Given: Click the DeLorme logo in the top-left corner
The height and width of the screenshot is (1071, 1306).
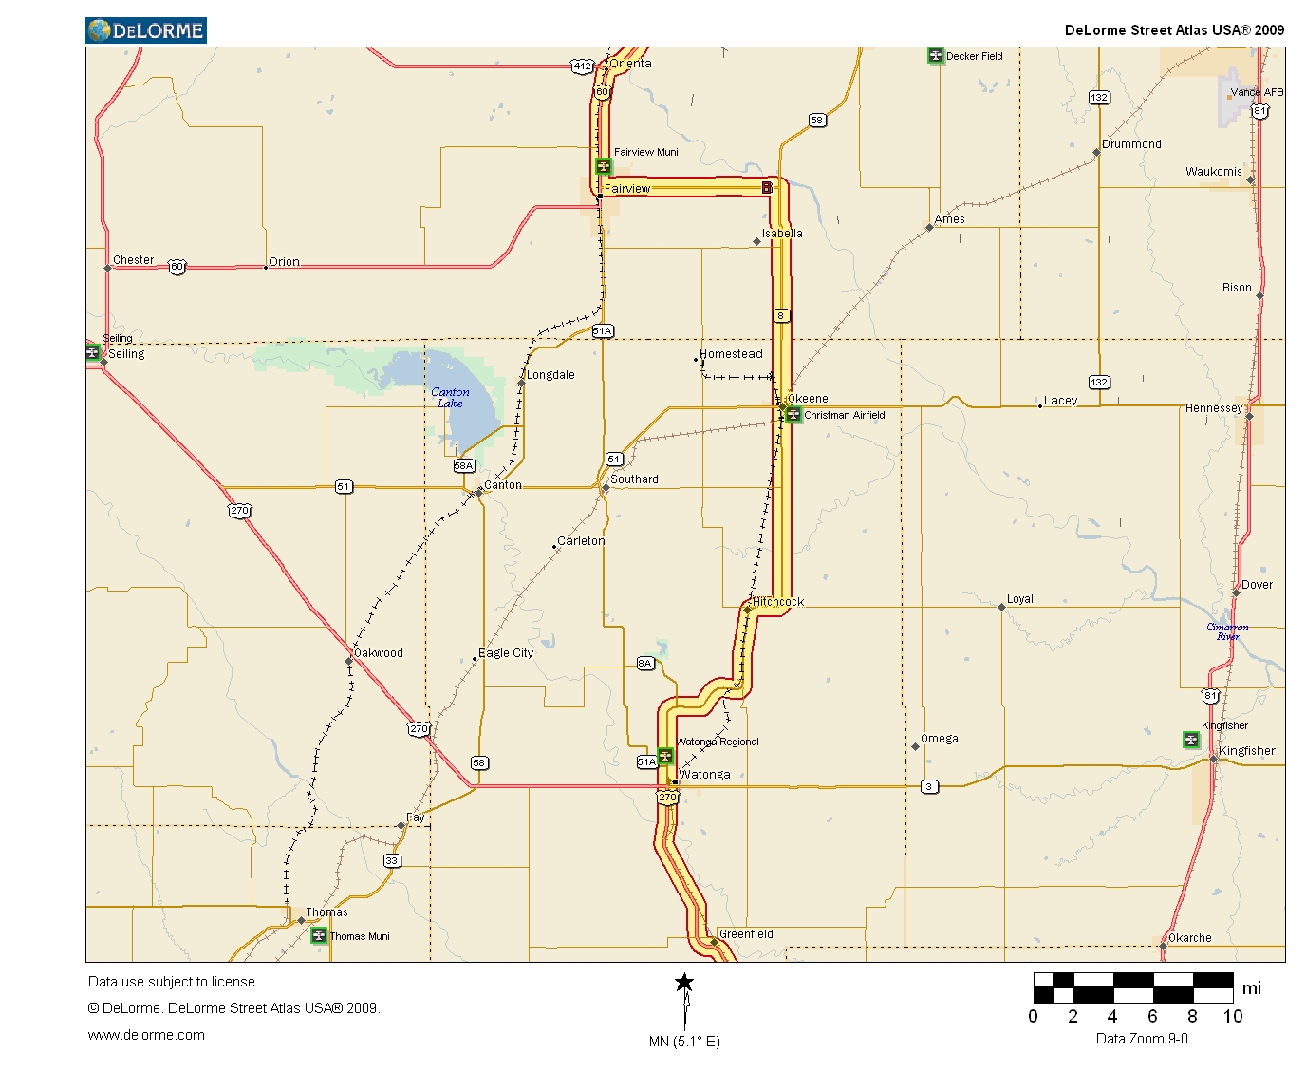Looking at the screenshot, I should [x=146, y=30].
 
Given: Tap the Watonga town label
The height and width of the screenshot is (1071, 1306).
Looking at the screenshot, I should [x=704, y=775].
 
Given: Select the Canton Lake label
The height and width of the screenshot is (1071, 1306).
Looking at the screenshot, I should [x=450, y=398].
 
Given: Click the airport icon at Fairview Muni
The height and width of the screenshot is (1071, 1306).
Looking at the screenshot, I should [x=603, y=167].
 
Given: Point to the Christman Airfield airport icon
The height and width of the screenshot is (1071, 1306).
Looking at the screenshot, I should [x=793, y=415].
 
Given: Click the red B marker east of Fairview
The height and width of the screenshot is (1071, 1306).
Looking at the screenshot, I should [x=767, y=188].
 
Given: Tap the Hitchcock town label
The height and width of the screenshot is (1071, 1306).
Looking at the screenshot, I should [x=778, y=602].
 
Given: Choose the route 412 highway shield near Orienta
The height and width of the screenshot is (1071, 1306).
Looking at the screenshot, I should [x=582, y=66].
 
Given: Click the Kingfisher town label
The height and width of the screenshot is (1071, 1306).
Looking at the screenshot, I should [x=1246, y=751].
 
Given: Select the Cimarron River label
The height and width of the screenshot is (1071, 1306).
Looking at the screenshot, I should [x=1227, y=631].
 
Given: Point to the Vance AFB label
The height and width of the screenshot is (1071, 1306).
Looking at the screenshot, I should [x=1257, y=92].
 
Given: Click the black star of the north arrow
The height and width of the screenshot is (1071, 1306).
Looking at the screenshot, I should [x=684, y=983].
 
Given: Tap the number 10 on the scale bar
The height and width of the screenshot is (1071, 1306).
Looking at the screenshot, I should [x=1232, y=1017].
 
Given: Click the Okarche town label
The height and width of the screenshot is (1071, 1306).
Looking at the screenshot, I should [x=1189, y=938].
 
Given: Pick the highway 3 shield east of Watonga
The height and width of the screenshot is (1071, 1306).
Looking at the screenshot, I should [x=929, y=786].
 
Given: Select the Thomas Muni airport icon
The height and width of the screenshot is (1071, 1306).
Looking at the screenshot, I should [x=319, y=936].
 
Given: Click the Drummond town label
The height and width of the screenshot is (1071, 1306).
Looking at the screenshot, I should [x=1131, y=144].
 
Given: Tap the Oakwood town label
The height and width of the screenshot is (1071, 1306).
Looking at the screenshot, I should [x=378, y=653].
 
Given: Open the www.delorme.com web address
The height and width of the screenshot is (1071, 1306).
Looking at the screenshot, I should [x=146, y=1035].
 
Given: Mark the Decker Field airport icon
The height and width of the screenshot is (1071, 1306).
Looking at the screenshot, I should [x=936, y=56].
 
